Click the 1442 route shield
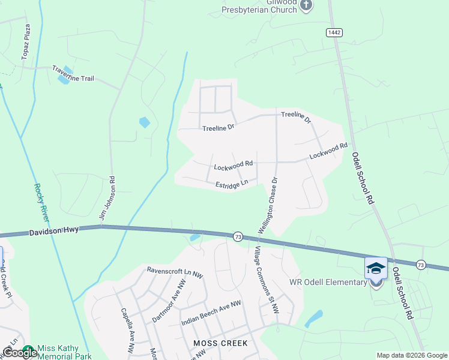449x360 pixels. click(334, 31)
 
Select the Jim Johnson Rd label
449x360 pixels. click(106, 199)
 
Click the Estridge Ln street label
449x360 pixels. click(232, 184)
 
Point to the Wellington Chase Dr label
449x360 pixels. click(269, 205)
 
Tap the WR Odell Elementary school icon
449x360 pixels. click(376, 268)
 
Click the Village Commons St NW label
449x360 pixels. click(267, 280)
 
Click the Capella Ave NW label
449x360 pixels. click(128, 331)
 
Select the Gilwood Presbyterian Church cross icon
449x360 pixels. click(306, 6)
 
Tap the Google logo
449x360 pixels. click(19, 353)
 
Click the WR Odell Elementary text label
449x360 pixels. click(328, 283)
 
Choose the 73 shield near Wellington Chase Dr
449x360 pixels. click(238, 237)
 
